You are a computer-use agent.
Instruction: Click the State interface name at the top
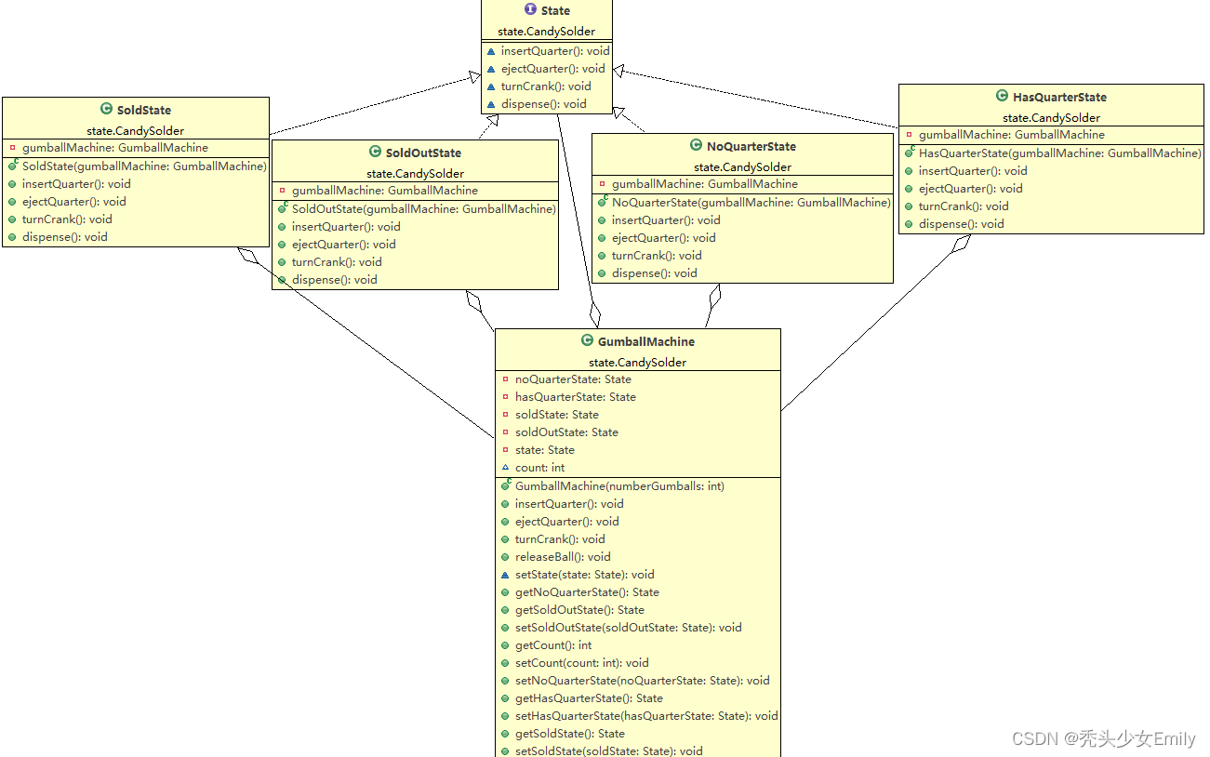(x=555, y=10)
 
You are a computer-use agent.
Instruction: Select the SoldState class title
(x=143, y=110)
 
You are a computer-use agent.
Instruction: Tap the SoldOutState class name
(x=423, y=153)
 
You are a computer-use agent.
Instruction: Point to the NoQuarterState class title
(x=751, y=146)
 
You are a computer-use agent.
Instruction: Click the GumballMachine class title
(x=645, y=341)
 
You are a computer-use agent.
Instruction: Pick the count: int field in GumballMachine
(x=539, y=468)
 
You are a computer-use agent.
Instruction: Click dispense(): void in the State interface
(x=543, y=104)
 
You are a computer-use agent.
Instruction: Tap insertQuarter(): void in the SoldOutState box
(x=346, y=227)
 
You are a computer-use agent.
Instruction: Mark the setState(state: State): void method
(x=584, y=575)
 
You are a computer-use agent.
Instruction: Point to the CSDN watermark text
(x=1103, y=739)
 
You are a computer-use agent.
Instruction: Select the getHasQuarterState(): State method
(x=589, y=698)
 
